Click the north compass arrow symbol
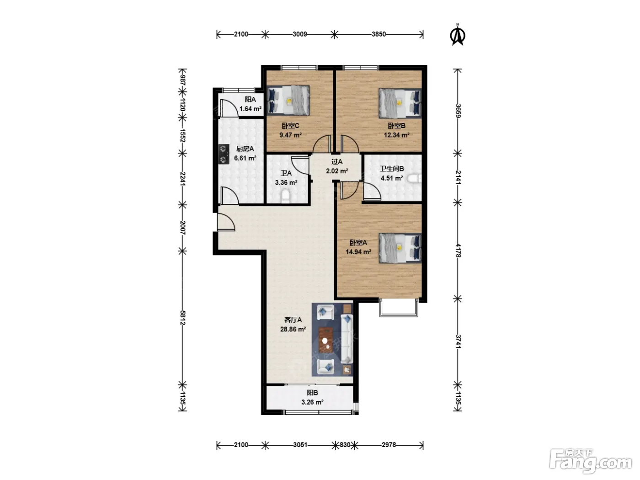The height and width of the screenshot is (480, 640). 457,35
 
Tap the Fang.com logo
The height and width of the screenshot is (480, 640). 591,460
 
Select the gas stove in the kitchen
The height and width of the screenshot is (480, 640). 224,155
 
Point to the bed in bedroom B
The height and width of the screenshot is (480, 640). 400,103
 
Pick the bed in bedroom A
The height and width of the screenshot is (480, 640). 400,248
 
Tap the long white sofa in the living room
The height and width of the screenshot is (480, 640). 347,339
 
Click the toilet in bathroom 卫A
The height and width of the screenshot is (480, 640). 285,196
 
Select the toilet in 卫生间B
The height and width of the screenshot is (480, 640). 414,178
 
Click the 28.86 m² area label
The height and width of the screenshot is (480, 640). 293,329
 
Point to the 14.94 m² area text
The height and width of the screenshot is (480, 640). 358,252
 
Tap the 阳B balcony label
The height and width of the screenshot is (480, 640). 312,393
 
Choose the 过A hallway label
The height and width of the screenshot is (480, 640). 337,162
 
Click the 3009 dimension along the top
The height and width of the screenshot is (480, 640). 300,34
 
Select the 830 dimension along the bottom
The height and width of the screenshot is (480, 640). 345,445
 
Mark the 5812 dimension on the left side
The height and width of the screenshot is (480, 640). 182,318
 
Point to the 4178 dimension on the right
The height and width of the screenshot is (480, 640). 458,251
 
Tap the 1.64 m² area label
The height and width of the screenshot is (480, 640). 251,109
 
